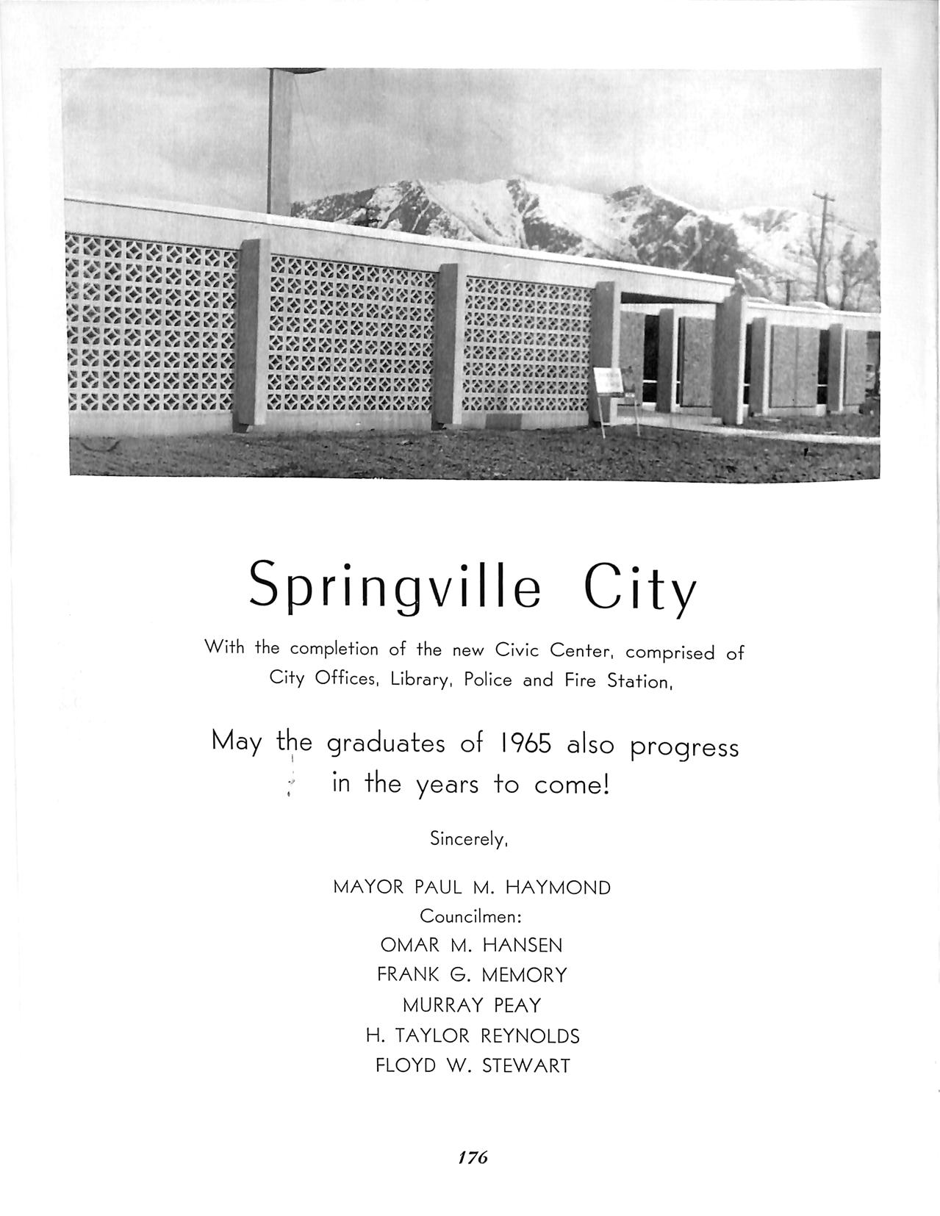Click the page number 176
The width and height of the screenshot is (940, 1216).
[473, 1157]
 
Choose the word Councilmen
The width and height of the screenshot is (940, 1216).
[470, 917]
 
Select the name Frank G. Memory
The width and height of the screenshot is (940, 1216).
[472, 975]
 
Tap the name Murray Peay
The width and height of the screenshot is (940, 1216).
[471, 1005]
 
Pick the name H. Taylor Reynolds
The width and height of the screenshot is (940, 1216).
[473, 1036]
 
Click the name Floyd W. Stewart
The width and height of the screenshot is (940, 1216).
[473, 1065]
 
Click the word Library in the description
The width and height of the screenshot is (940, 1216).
[420, 680]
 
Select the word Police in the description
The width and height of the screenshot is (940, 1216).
[488, 680]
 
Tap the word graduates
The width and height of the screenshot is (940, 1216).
[386, 745]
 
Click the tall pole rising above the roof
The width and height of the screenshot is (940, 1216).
[279, 140]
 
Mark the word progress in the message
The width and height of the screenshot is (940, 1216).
[684, 748]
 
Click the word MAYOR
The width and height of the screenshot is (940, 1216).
[368, 888]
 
